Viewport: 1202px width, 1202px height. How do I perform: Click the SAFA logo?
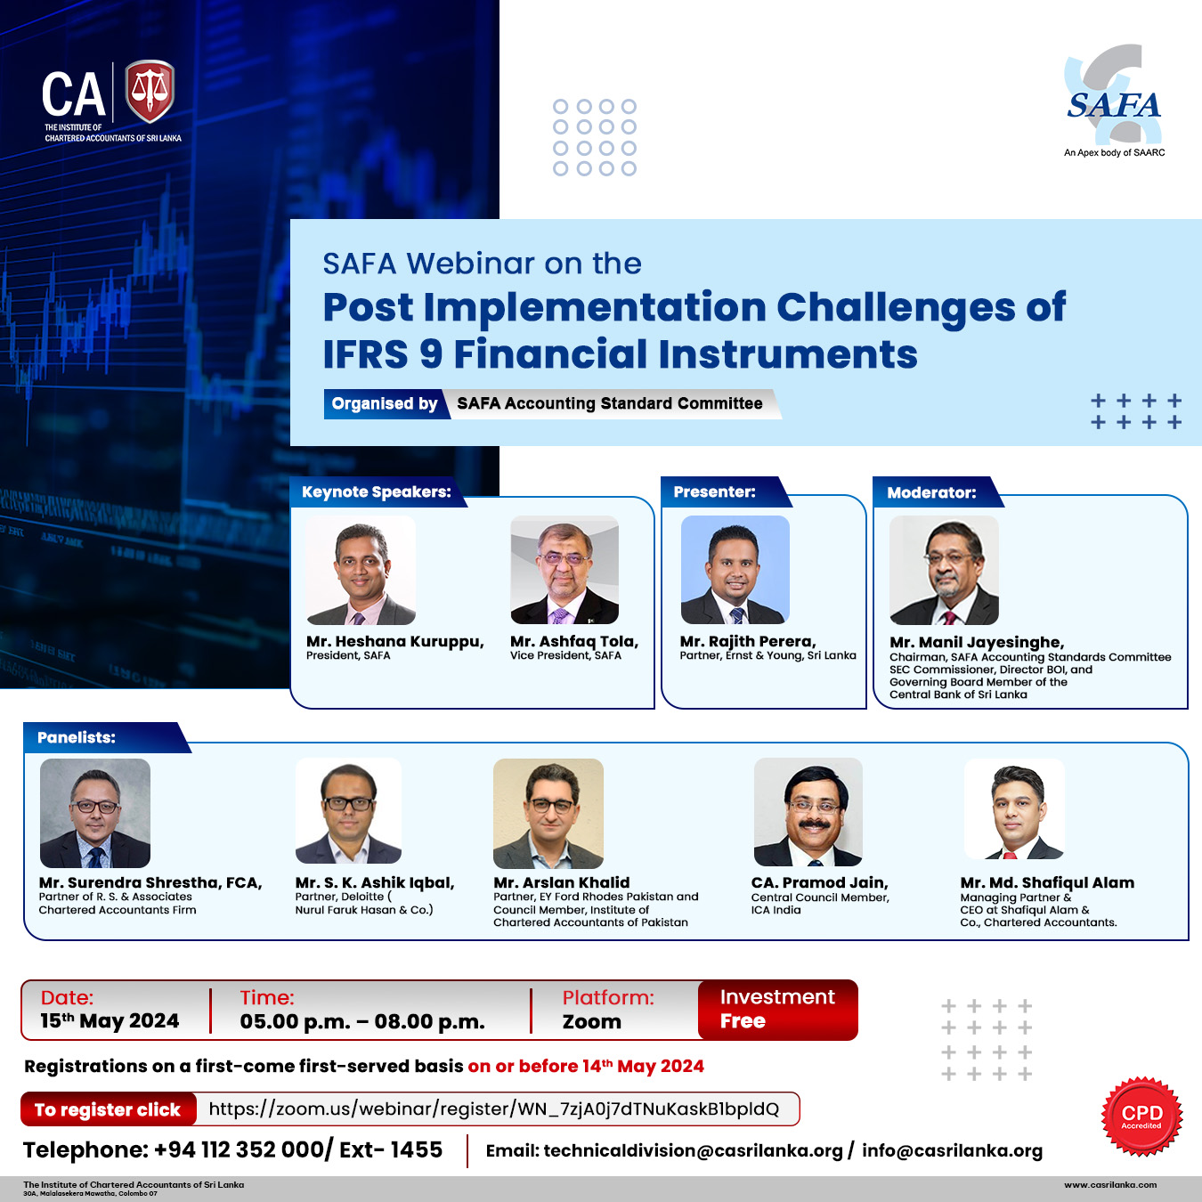coord(1114,100)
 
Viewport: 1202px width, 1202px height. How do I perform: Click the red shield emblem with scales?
coord(150,91)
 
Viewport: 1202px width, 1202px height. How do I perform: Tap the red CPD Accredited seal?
coord(1141,1116)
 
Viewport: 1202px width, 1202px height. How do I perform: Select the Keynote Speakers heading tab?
coord(377,492)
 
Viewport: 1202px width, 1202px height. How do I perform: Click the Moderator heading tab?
coord(936,492)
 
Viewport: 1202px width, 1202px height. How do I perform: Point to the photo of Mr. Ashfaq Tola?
coord(564,570)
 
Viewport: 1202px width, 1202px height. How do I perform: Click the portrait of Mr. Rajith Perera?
coord(735,570)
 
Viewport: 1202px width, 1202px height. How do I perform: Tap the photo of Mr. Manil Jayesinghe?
coord(944,570)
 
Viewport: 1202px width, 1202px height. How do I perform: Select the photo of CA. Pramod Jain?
coord(808,812)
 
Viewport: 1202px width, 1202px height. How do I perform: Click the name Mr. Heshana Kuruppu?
coord(394,641)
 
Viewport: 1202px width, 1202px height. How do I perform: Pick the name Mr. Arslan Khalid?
coord(562,882)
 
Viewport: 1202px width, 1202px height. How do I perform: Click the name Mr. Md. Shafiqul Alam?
coord(1047,882)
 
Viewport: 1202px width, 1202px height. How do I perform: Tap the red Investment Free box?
coord(778,1010)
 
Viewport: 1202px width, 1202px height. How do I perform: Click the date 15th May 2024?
coord(110,1021)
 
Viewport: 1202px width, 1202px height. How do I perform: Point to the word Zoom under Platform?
coord(592,1022)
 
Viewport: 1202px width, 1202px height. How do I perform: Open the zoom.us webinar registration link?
coord(494,1109)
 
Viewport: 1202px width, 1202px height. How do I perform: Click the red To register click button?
coord(108,1109)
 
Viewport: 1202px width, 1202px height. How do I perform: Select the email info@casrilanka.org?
coord(953,1151)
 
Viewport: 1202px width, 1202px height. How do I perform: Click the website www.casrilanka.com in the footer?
coord(1110,1184)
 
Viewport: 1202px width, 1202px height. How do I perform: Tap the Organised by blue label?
coord(385,403)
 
